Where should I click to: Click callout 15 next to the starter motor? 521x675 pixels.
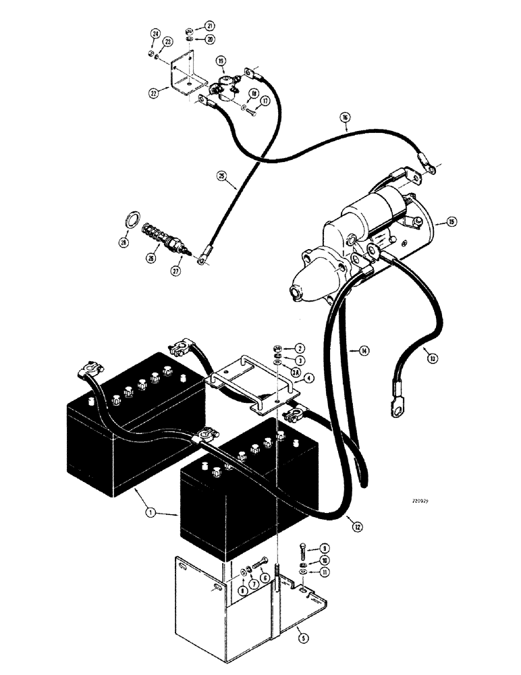(x=450, y=221)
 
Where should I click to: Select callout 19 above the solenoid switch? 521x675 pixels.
(x=221, y=61)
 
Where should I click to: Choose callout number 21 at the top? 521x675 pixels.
(x=210, y=26)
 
